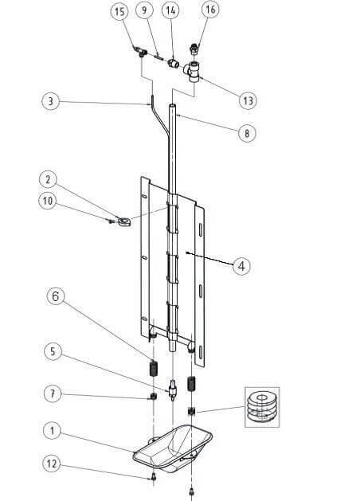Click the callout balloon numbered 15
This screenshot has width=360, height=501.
119,11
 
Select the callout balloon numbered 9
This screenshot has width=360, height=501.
144,10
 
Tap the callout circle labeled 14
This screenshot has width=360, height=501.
171,10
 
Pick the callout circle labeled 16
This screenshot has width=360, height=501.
210,10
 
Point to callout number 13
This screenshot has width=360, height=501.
248,100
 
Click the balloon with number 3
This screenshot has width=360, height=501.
51,101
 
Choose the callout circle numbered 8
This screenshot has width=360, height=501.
247,133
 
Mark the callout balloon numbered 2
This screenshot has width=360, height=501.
48,179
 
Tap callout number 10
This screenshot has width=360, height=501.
47,201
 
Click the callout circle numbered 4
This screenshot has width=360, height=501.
241,266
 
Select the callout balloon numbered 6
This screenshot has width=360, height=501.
56,296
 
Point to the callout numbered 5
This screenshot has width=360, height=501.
53,351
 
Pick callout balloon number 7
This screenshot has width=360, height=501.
53,393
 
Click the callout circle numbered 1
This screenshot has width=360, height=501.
52,431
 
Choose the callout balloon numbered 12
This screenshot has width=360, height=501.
52,464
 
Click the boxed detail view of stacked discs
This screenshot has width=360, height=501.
262,407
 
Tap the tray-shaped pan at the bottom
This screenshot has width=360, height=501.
173,448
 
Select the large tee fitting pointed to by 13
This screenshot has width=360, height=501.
193,72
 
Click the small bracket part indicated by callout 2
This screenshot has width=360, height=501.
124,221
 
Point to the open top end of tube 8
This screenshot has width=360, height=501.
172,105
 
